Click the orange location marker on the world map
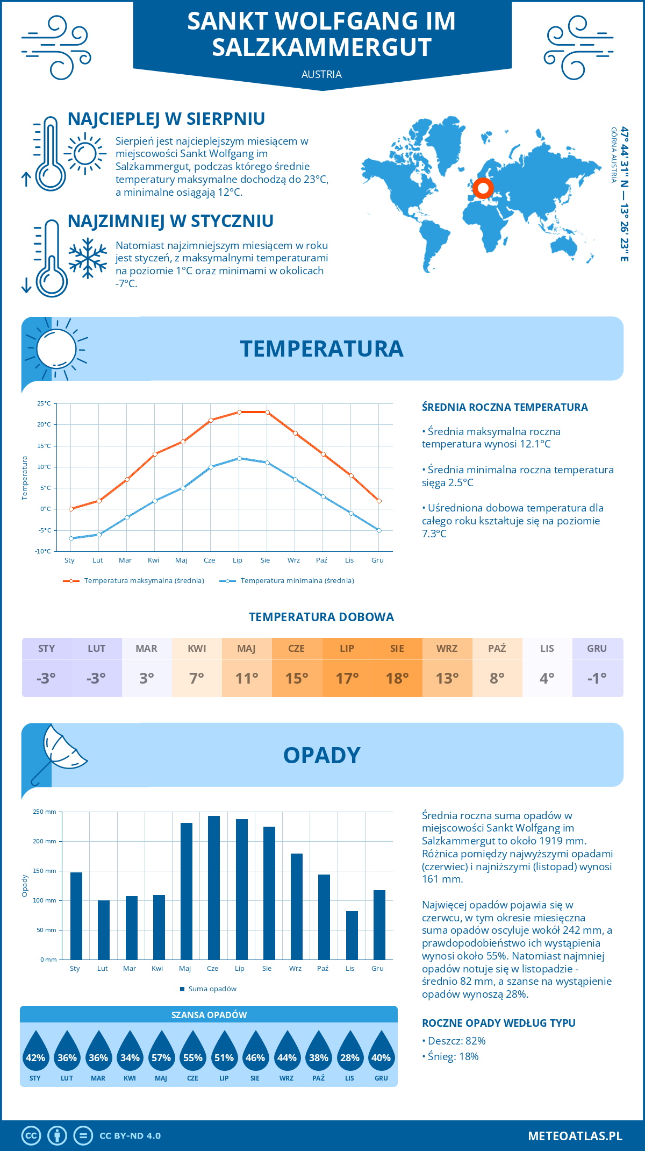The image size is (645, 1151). (483, 188)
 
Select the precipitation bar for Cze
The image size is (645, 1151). (213, 887)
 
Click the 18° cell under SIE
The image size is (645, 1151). (397, 678)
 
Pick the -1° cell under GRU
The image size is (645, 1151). (597, 678)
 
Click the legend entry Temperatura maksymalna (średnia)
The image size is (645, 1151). (134, 581)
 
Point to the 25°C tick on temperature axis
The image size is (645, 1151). (44, 403)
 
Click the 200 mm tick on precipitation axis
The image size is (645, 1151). (45, 841)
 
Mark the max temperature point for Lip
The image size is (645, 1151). (239, 412)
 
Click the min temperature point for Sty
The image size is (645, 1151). (71, 538)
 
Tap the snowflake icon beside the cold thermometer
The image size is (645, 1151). (88, 258)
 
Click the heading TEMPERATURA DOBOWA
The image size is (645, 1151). (321, 617)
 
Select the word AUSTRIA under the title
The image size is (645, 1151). (321, 74)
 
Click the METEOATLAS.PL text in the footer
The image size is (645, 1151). (575, 1135)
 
